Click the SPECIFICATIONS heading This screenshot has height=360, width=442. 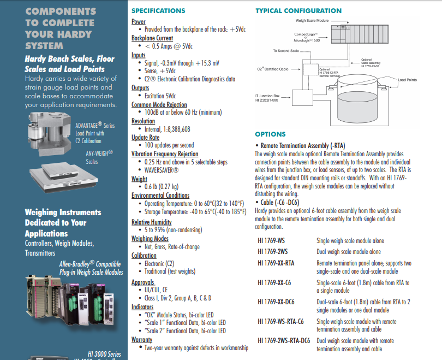tap(158, 10)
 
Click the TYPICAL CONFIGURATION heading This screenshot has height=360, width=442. tap(298, 10)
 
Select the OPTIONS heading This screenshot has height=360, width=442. tap(270, 134)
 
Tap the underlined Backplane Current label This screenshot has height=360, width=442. tap(152, 38)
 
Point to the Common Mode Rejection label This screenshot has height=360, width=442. tap(159, 104)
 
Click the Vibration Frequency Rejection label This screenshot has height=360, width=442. tap(165, 154)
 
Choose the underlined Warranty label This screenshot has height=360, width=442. tap(142, 339)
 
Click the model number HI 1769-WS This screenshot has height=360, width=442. tap(271, 240)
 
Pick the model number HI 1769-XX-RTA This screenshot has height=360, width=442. tap(276, 263)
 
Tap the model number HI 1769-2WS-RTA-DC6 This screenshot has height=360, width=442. tap(284, 340)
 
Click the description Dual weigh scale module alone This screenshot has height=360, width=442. tap(349, 252)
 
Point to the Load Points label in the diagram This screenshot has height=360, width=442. tap(407, 80)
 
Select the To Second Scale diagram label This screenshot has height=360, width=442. tap(286, 51)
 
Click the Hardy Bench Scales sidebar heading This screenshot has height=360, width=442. tap(69, 64)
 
